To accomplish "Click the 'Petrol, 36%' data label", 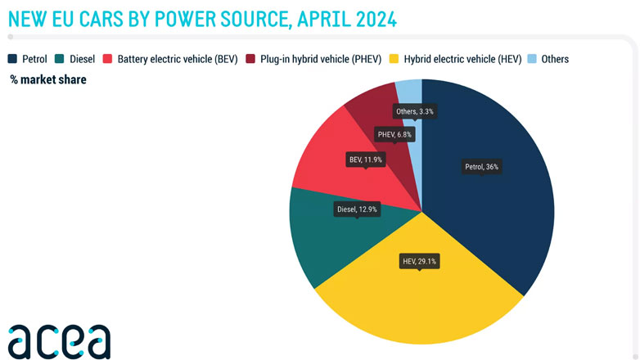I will [x=481, y=167].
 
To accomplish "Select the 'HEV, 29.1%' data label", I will [x=420, y=262].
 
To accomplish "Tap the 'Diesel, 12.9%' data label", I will [x=357, y=209].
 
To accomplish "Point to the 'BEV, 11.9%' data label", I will [x=365, y=160].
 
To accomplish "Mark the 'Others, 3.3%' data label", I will [x=415, y=111].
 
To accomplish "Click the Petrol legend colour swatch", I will [x=14, y=59].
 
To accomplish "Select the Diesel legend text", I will [x=82, y=59].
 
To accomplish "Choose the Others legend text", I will [x=554, y=59].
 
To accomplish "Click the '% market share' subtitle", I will [x=48, y=79].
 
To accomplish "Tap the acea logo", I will [x=59, y=340].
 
